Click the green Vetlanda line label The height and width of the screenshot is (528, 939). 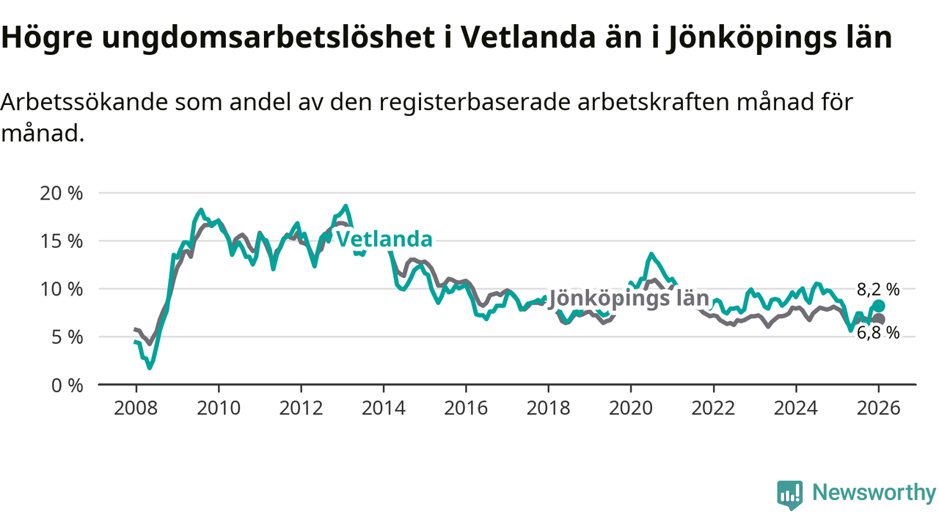(x=384, y=240)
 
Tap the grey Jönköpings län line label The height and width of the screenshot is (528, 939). (x=629, y=298)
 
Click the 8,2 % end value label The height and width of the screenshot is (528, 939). (x=878, y=289)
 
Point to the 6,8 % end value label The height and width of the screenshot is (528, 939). (x=878, y=334)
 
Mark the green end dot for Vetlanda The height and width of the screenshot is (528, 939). (x=879, y=306)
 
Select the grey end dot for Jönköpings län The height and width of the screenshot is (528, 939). (x=879, y=319)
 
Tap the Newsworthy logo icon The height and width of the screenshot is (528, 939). (x=789, y=495)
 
